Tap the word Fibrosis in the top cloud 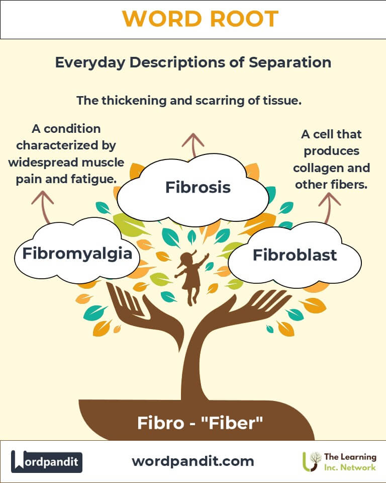pos(198,188)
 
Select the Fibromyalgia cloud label pos(77,252)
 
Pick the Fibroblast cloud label pos(295,255)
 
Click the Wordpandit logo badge pos(47,461)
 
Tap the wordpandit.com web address pos(193,461)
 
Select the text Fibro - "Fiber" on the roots pos(200,423)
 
